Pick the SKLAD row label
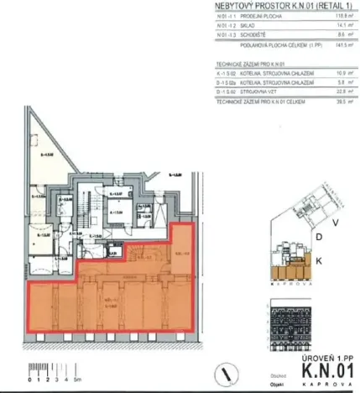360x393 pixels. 244,26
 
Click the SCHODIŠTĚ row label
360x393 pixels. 248,34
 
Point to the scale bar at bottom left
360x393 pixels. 41,370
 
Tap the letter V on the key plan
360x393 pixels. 335,223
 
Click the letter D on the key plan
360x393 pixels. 319,238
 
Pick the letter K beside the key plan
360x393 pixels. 320,261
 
